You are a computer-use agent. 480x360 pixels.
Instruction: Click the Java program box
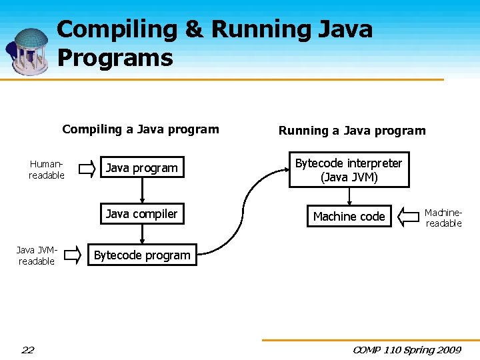click(x=141, y=168)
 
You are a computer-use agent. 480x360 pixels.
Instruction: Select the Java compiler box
click(x=141, y=214)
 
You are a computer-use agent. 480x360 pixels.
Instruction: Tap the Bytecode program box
click(x=142, y=255)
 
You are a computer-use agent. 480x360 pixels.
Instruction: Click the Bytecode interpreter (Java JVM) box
click(x=349, y=170)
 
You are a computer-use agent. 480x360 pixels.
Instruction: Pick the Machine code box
click(x=349, y=217)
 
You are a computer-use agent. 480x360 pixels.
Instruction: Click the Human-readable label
click(x=47, y=169)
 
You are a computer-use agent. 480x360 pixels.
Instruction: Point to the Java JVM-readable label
click(x=37, y=255)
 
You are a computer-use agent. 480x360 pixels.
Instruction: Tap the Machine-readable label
click(x=443, y=217)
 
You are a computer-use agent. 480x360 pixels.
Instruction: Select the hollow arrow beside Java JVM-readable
click(x=81, y=255)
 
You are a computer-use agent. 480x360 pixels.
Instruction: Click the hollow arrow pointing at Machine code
click(x=408, y=216)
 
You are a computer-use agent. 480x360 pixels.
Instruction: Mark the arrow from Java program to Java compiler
click(x=141, y=191)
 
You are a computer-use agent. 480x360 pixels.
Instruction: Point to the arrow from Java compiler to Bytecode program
click(x=141, y=233)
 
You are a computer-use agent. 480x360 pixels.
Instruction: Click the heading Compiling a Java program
click(x=141, y=129)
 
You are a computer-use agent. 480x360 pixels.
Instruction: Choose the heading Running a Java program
click(x=351, y=131)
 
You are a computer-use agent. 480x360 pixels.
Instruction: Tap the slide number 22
click(x=27, y=349)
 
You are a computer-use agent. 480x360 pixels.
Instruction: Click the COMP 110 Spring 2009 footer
click(x=407, y=349)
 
